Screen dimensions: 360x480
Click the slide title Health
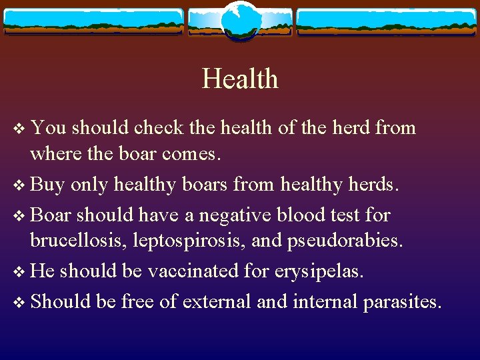tap(240, 79)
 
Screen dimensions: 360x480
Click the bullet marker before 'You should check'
tap(19, 128)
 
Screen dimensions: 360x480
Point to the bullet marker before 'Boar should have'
tap(19, 216)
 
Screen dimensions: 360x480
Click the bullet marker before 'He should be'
tap(19, 272)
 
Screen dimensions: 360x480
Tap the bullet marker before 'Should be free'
tap(19, 302)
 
